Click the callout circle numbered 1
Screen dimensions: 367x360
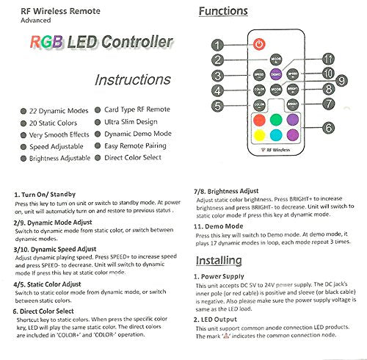click(217, 46)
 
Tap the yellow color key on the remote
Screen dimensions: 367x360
click(258, 134)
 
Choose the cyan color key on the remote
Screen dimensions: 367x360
click(276, 134)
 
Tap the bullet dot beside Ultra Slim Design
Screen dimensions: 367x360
click(98, 121)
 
